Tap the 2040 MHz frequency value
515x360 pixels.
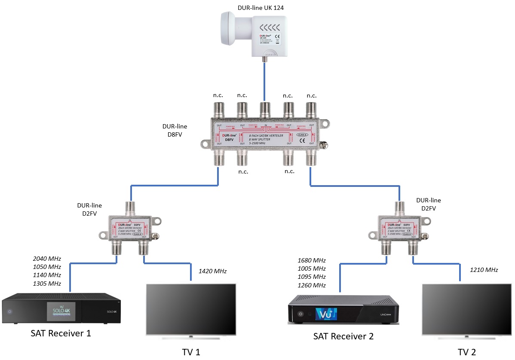tap(47, 259)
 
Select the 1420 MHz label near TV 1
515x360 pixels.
tap(212, 271)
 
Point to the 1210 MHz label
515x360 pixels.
tap(484, 270)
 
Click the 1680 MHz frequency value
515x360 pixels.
tap(312, 260)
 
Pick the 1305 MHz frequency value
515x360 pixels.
tap(47, 284)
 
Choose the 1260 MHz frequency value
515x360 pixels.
tap(312, 285)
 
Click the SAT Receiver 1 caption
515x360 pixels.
tap(61, 333)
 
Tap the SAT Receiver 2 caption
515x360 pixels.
tap(343, 336)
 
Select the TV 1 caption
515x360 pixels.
tap(191, 352)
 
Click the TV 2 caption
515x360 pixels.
tap(467, 352)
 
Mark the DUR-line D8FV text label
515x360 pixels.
tap(175, 131)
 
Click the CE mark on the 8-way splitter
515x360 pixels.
tap(302, 140)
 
